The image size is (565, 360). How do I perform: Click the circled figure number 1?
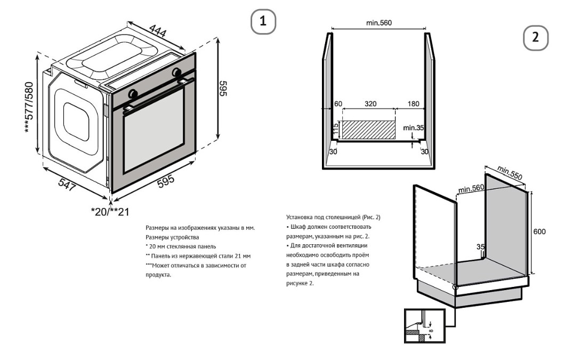pyautogui.click(x=263, y=22)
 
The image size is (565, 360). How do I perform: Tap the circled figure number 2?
pyautogui.click(x=536, y=38)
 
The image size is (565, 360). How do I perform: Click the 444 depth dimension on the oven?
pyautogui.click(x=158, y=33)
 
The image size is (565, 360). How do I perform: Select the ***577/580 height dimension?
pyautogui.click(x=32, y=108)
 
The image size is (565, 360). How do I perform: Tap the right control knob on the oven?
pyautogui.click(x=176, y=72)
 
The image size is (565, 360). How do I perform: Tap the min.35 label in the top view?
pyautogui.click(x=413, y=128)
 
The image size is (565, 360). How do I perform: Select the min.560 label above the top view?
pyautogui.click(x=379, y=23)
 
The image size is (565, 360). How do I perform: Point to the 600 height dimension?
pyautogui.click(x=539, y=232)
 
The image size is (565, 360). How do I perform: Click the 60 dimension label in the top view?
pyautogui.click(x=337, y=105)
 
